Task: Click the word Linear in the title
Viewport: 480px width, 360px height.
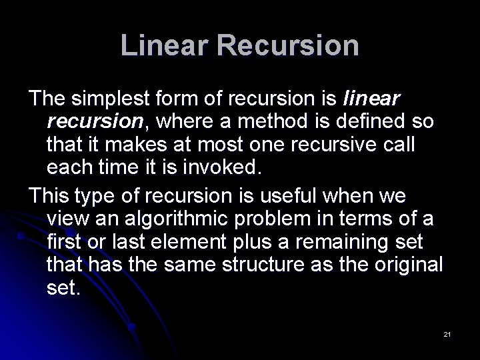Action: (x=159, y=45)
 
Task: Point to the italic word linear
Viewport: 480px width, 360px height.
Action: (x=371, y=100)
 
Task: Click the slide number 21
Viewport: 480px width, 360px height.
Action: (x=447, y=334)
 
